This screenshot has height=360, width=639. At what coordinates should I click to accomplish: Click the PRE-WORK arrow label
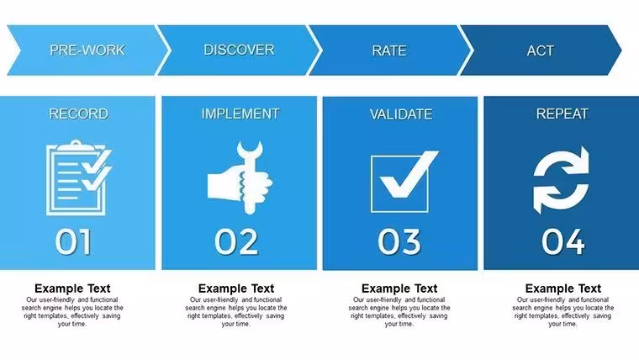pos(87,50)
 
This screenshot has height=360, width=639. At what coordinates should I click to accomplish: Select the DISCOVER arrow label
pos(239,50)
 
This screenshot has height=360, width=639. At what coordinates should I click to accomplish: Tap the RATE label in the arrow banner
pos(389,50)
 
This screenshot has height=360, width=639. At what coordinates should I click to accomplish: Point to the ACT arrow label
pos(540,50)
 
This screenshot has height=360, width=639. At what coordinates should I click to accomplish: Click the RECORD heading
pos(79,114)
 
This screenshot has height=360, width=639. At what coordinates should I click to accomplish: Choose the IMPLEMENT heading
pos(240,114)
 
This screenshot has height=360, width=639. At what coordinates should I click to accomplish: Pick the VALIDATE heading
pos(401,114)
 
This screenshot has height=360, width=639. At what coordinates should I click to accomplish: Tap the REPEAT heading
pos(562,114)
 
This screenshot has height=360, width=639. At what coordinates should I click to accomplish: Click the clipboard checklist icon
pos(79,177)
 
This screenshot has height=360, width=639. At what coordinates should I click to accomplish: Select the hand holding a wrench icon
pos(240,177)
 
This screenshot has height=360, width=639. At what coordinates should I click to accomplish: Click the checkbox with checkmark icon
pos(404,182)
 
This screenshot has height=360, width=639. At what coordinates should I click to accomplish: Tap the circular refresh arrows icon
pos(561,180)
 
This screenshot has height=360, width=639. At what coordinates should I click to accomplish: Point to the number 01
pos(73,241)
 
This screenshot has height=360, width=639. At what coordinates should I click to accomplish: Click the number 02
pos(236,241)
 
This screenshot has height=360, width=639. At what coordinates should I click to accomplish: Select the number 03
pos(399,241)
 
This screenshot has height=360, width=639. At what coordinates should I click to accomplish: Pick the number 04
pos(563,241)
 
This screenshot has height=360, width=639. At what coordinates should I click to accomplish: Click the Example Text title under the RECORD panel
pos(72,289)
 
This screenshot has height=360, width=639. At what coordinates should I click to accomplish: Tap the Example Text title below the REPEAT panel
pos(563,289)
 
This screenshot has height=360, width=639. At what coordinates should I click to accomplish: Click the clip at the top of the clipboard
pos(77,145)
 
